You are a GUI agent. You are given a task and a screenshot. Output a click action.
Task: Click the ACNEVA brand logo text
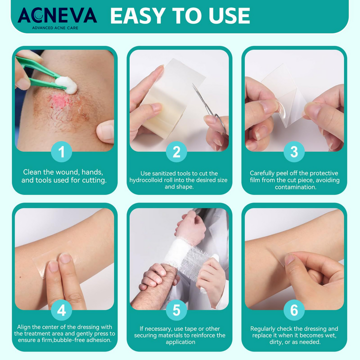[57, 15]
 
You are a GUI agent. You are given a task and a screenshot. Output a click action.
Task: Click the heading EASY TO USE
[180, 15]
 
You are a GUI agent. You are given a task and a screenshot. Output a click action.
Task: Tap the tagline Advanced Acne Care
[55, 28]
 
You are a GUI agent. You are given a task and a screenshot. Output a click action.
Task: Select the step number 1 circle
[61, 152]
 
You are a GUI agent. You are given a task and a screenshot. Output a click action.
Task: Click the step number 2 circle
[176, 152]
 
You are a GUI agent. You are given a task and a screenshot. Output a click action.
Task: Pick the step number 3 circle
[294, 152]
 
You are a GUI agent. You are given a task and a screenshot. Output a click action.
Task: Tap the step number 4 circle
[61, 310]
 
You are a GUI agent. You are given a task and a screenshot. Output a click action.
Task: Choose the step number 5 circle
[176, 310]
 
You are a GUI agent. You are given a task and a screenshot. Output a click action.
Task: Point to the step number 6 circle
[294, 310]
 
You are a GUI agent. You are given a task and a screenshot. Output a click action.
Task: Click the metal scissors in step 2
[208, 108]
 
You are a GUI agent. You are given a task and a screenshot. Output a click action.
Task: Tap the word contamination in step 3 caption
[295, 187]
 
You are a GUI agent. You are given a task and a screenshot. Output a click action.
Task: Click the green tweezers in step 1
[39, 72]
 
